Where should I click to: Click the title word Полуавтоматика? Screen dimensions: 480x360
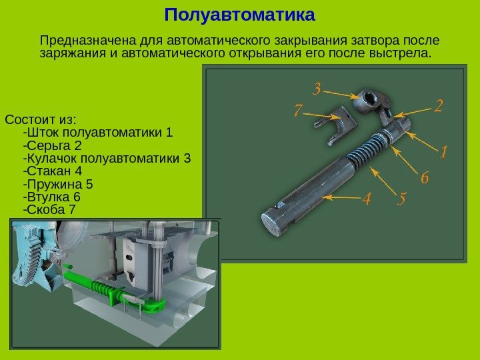[x=240, y=15]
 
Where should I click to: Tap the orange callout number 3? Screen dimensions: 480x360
[x=317, y=89]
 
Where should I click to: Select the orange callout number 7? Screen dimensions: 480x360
[x=298, y=110]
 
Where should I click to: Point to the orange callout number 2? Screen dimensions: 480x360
[x=439, y=105]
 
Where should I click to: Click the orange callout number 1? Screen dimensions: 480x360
[x=443, y=151]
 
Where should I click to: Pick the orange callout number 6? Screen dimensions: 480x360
[x=425, y=177]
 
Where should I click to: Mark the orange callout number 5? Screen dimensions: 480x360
[x=402, y=199]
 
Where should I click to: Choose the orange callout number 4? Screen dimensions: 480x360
[x=367, y=199]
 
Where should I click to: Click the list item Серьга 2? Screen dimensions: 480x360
[x=53, y=145]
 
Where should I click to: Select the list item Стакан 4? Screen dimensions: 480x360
[x=53, y=171]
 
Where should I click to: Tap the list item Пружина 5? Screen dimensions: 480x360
[x=58, y=184]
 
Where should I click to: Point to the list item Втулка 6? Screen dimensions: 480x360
[x=52, y=197]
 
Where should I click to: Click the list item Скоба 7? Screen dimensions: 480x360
[x=49, y=210]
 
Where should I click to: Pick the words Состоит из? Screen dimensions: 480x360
[x=41, y=119]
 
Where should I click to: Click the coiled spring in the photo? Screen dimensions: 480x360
[x=365, y=150]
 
